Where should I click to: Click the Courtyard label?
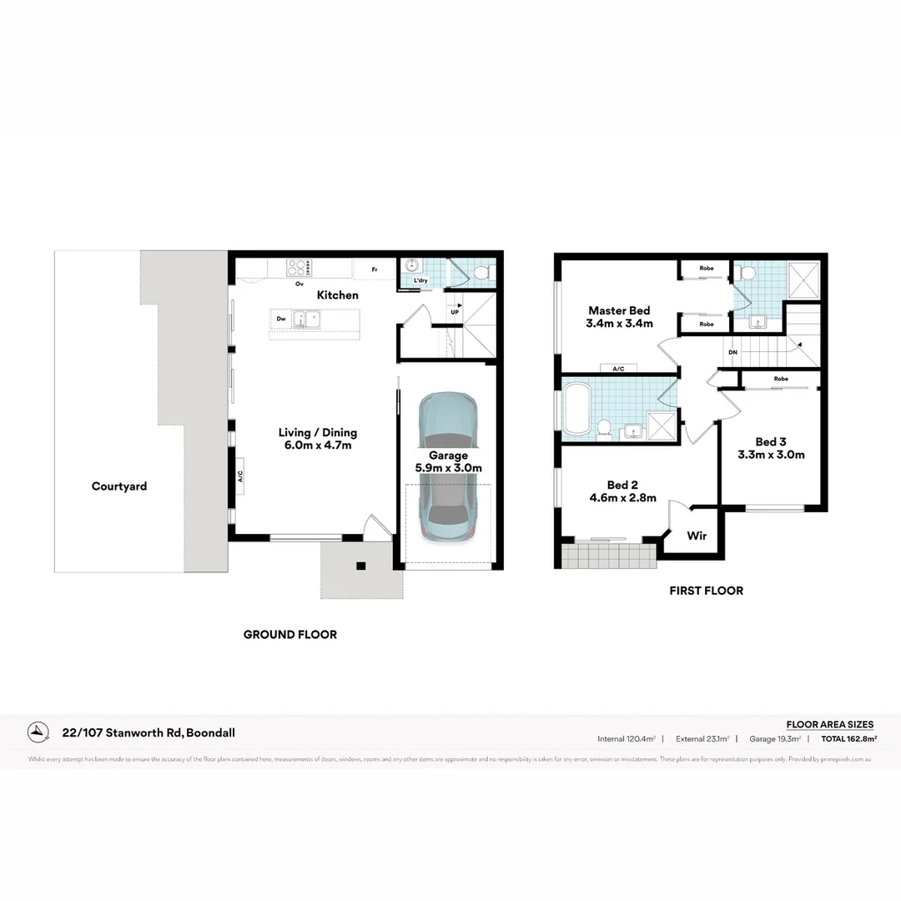(118, 486)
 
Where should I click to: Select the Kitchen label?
(338, 295)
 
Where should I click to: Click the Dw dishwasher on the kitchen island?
(282, 318)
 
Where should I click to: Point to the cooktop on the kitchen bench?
(299, 268)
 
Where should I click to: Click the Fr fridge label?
(375, 269)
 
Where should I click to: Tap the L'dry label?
(420, 281)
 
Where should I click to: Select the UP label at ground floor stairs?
(455, 311)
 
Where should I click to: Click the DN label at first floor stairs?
(732, 352)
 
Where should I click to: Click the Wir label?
(697, 536)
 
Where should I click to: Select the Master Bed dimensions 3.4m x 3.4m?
(619, 324)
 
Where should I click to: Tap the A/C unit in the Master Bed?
(618, 368)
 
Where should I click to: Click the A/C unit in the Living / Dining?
(239, 476)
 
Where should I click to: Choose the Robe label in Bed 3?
(781, 379)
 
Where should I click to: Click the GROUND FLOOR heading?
(290, 635)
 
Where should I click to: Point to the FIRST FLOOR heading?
(706, 591)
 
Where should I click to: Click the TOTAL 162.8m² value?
(848, 738)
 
